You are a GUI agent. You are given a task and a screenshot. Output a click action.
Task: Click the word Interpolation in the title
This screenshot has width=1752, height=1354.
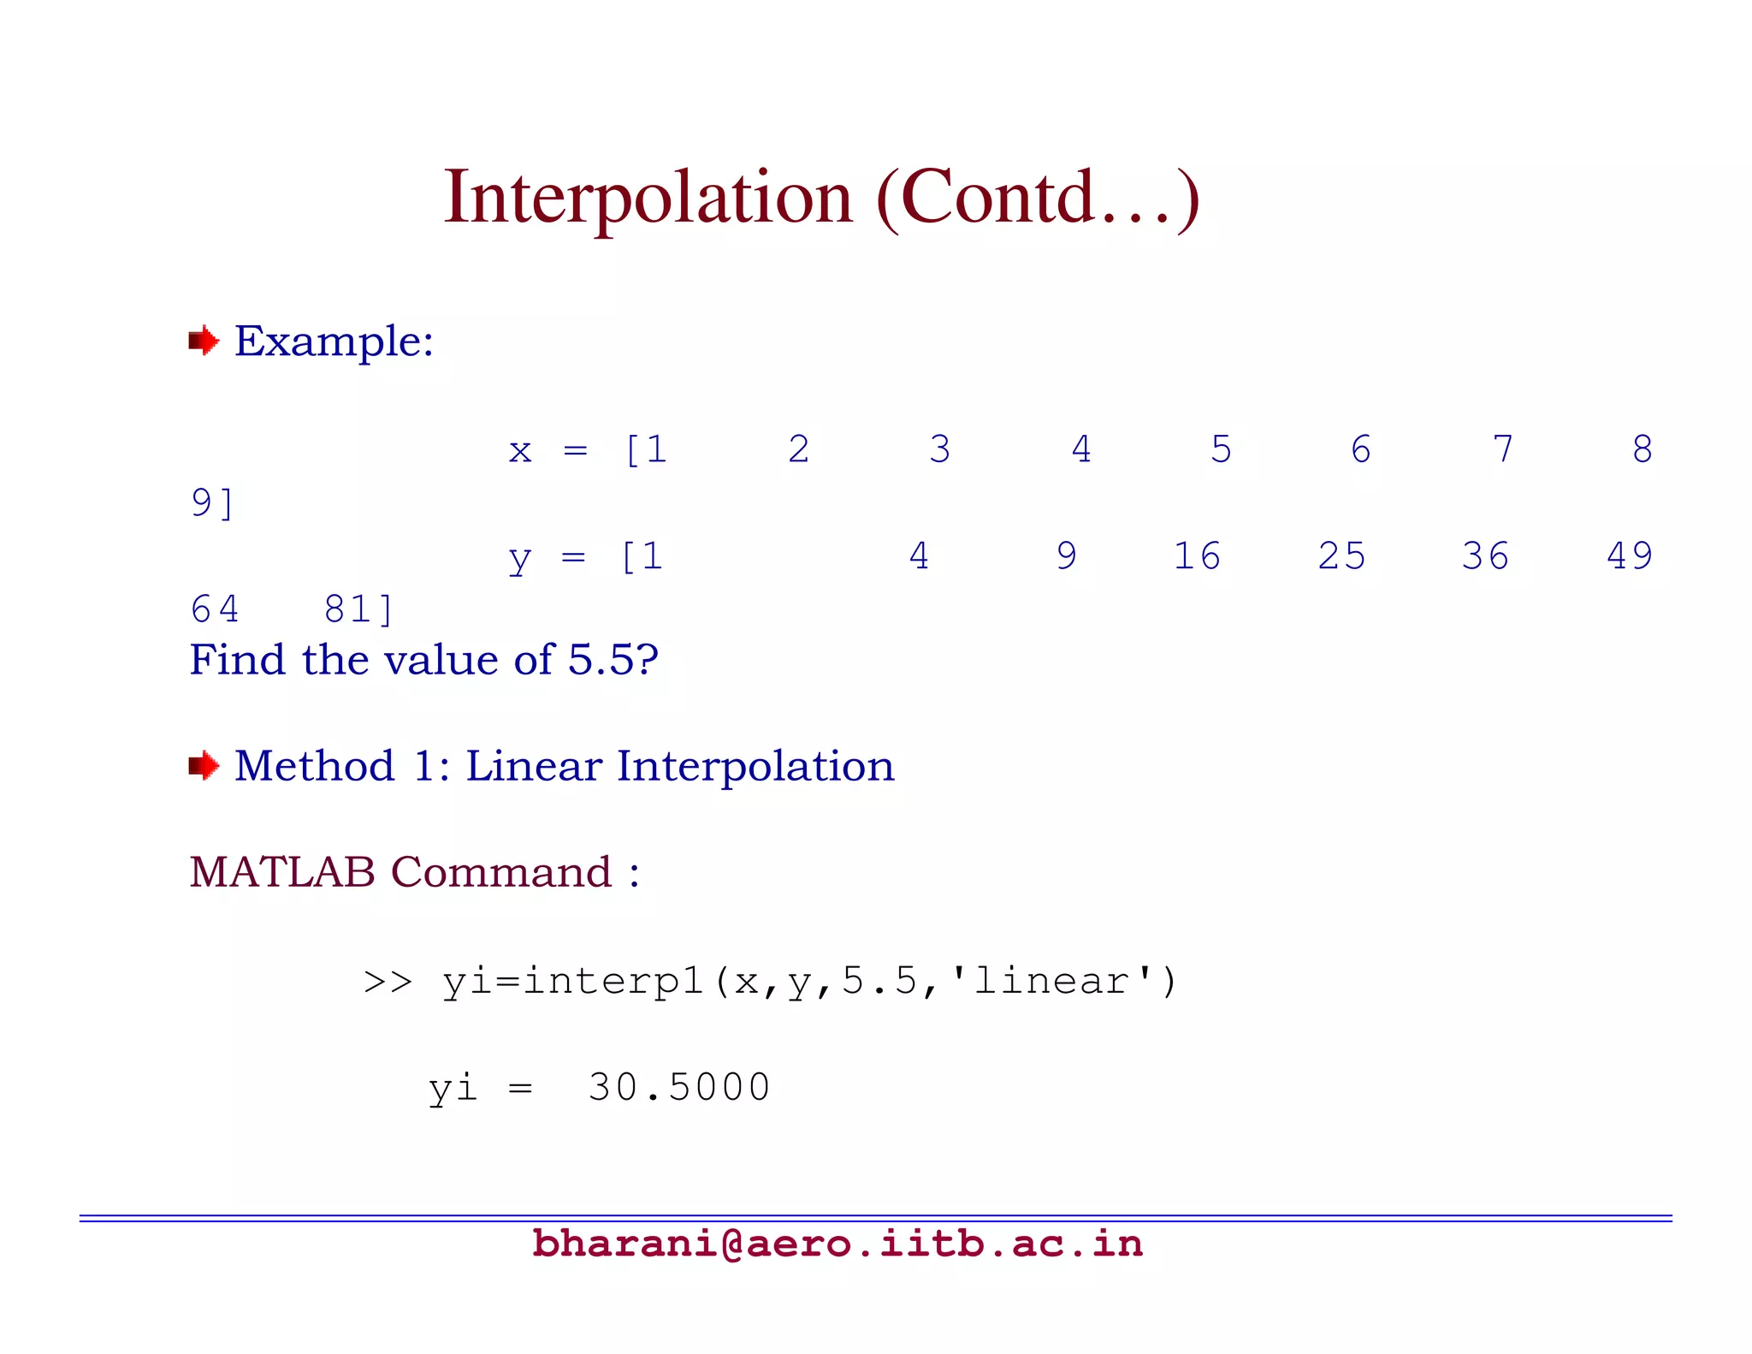coord(648,199)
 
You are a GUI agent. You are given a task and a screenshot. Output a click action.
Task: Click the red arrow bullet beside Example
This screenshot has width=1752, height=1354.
coord(204,341)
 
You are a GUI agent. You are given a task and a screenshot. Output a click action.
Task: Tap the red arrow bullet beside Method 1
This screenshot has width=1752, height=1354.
coord(204,765)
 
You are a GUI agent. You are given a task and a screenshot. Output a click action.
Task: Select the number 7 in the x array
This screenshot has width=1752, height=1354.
coord(1503,449)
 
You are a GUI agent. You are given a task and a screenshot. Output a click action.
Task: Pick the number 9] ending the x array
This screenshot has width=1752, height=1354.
coord(212,503)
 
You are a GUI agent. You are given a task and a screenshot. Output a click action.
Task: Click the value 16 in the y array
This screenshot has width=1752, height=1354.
coord(1196,556)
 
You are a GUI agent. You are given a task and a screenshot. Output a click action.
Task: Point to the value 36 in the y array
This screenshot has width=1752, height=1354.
coord(1485,556)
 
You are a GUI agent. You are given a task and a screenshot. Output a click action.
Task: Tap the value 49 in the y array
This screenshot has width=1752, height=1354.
coord(1630,556)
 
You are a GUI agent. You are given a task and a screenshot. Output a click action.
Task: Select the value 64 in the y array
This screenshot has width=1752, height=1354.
coord(215,609)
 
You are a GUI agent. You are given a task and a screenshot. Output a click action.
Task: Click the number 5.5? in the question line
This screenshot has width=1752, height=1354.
coord(613,660)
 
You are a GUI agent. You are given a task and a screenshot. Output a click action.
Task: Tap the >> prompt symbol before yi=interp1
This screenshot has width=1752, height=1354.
coord(388,982)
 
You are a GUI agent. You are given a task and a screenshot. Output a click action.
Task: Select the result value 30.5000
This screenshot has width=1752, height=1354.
coord(679,1088)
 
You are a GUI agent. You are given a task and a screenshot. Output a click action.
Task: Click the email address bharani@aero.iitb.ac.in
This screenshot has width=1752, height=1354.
coord(837,1244)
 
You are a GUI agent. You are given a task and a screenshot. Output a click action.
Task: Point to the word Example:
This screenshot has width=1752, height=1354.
coord(334,341)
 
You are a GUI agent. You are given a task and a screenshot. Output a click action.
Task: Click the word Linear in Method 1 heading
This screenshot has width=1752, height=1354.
coord(533,765)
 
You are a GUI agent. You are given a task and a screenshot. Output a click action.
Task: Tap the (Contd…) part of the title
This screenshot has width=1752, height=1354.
coord(1038,199)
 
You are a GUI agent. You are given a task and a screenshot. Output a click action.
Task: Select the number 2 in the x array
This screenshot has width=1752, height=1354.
coord(798,449)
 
